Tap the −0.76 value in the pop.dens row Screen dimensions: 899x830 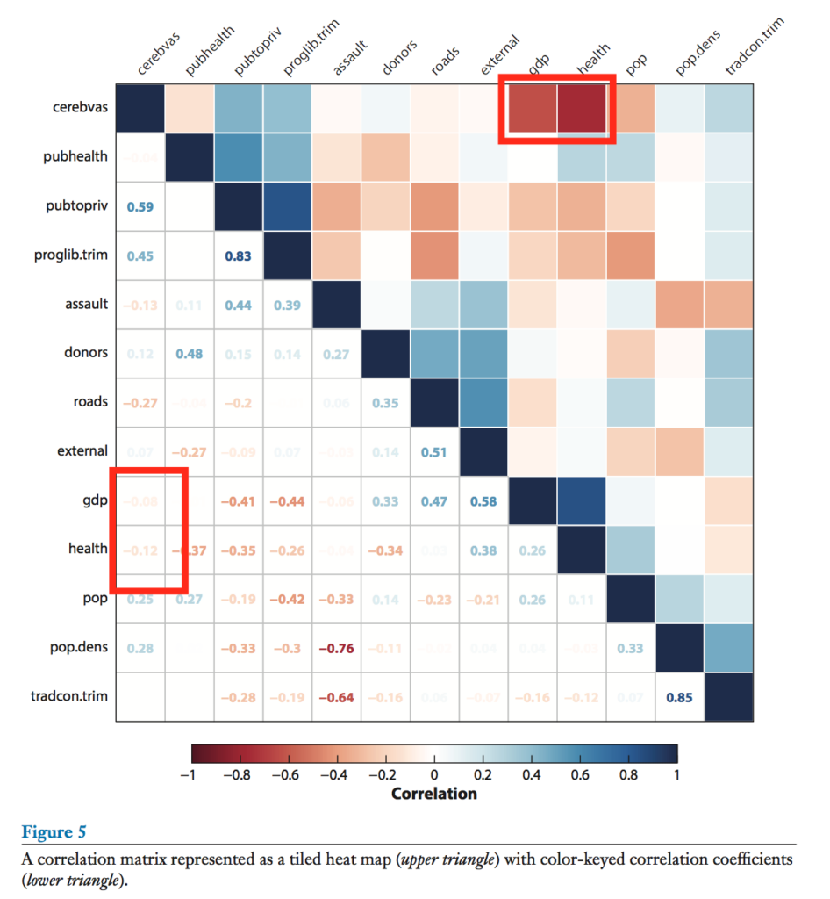click(336, 649)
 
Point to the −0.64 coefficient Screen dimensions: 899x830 click(336, 698)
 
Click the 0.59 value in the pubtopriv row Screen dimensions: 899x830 click(140, 206)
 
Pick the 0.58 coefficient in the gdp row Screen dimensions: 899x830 click(483, 501)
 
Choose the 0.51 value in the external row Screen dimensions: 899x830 click(434, 452)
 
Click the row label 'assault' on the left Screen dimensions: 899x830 click(87, 304)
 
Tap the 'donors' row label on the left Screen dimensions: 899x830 click(87, 353)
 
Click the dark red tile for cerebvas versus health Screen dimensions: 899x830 click(583, 108)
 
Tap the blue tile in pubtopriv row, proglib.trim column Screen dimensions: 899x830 click(288, 206)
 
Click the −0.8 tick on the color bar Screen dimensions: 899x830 click(237, 775)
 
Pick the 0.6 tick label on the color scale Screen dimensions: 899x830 click(579, 775)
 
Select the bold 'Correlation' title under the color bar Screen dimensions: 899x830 click(433, 794)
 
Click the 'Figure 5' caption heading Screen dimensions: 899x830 click(54, 831)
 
